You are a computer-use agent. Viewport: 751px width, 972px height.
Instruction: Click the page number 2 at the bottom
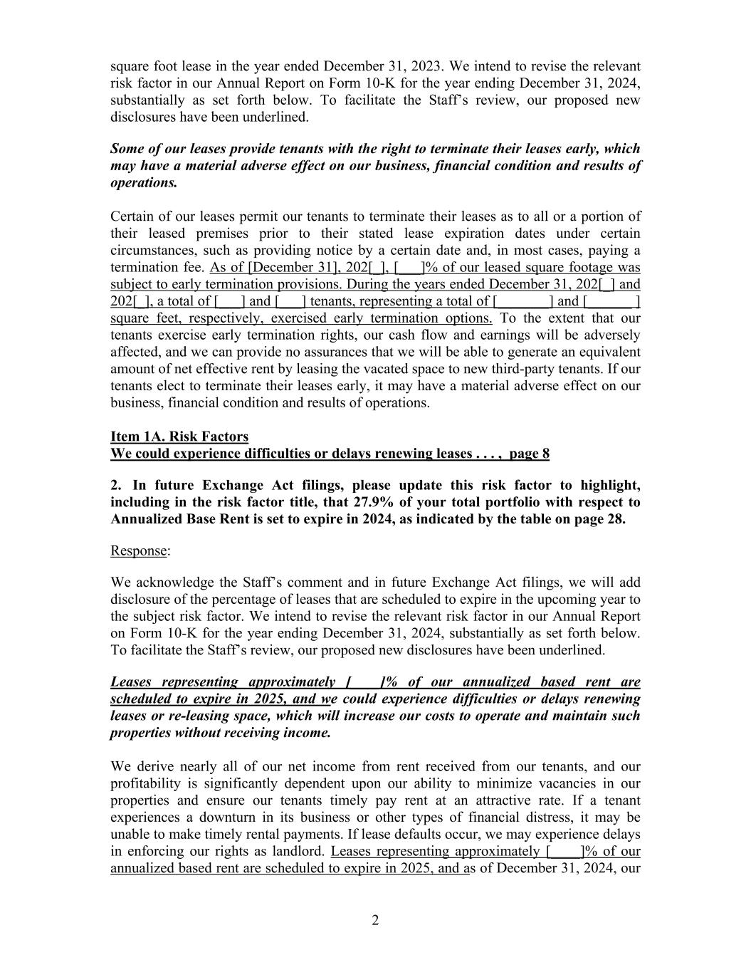375,921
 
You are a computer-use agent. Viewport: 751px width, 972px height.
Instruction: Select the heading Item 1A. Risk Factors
179,437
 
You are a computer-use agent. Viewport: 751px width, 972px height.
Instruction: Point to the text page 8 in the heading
529,454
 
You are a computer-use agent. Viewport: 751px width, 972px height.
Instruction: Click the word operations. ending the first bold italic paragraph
144,183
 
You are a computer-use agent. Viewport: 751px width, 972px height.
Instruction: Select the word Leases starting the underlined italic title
131,681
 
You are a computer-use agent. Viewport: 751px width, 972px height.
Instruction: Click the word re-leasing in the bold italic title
191,716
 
